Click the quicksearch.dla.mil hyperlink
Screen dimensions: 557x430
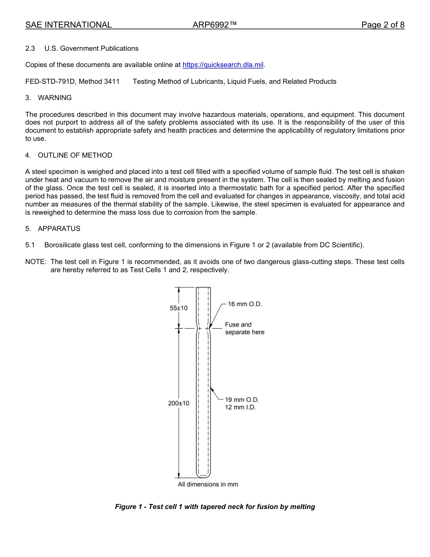tap(223, 65)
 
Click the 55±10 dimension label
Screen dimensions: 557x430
tap(178, 308)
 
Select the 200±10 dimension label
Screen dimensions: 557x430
tap(179, 403)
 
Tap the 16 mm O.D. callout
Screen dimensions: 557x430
tap(244, 304)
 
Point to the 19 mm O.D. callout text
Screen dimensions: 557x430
tap(242, 399)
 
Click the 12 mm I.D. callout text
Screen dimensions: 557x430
tap(240, 407)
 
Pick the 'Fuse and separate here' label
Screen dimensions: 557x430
tap(244, 328)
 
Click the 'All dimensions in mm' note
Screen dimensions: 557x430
tap(208, 484)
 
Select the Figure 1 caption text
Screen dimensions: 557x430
tap(215, 507)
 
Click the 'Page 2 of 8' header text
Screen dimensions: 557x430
tap(382, 25)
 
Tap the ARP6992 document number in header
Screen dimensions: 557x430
tap(215, 25)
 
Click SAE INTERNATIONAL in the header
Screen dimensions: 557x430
tap(68, 25)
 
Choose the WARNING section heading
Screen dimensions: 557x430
tap(54, 98)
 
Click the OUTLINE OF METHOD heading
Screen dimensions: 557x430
tap(75, 155)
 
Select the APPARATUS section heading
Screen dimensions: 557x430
tap(59, 229)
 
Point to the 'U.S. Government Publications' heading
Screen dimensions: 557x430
tap(91, 48)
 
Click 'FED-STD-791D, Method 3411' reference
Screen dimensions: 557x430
tap(72, 82)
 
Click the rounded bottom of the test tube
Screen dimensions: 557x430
tap(203, 475)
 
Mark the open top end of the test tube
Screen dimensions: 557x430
tap(203, 288)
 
